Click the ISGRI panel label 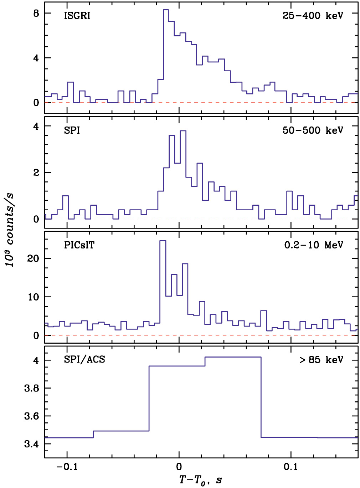pos(77,16)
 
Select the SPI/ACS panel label pos(84,359)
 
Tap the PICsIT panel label pos(79,245)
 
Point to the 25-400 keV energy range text pos(313,16)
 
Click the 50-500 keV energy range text pos(313,130)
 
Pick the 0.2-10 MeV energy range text pos(314,245)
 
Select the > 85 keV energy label pos(321,360)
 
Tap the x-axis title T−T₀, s pos(200,480)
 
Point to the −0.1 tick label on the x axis pos(67,467)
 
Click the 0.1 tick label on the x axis pos(291,467)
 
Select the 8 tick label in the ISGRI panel pos(36,14)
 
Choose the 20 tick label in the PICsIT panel pos(33,258)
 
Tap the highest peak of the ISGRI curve pos(166,10)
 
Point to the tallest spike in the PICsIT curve pos(163,241)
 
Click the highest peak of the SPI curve pos(183,131)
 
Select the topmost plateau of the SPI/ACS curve pos(233,357)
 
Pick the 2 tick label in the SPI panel pos(36,173)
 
